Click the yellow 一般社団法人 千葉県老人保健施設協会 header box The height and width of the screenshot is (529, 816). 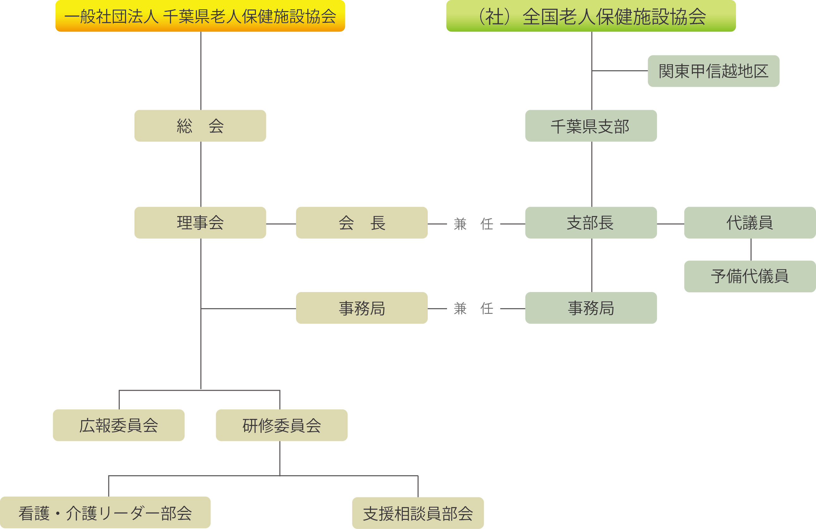(x=200, y=16)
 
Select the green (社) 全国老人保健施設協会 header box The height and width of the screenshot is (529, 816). (x=591, y=16)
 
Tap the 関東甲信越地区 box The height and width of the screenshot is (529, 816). (x=713, y=71)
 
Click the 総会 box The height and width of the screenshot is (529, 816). (x=200, y=126)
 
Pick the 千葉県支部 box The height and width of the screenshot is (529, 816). (x=591, y=126)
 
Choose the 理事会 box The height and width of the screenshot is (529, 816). (x=200, y=222)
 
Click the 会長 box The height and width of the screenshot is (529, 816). (x=361, y=222)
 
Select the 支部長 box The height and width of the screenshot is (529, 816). (x=591, y=222)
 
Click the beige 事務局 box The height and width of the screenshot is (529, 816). (x=361, y=308)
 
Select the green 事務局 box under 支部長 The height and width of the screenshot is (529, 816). (x=591, y=308)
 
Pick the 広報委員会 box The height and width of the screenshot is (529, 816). (x=119, y=425)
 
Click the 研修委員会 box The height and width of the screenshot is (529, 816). (x=281, y=425)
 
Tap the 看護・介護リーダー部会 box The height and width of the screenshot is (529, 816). (x=105, y=513)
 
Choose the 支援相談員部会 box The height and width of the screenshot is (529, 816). (x=418, y=513)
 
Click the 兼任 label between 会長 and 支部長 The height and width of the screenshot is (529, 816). (x=473, y=224)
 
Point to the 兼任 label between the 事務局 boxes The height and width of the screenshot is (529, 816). (x=473, y=308)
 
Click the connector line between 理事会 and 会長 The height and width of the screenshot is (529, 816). (x=281, y=224)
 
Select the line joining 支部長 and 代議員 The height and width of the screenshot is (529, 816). (x=670, y=224)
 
